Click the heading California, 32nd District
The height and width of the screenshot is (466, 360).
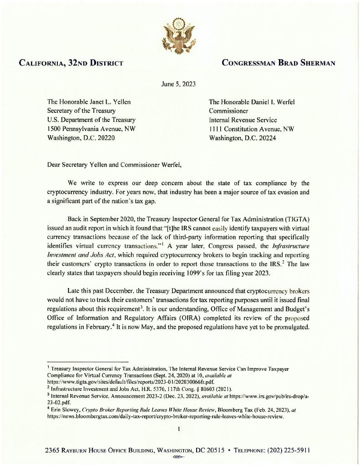[71, 63]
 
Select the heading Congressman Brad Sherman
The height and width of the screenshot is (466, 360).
[278, 63]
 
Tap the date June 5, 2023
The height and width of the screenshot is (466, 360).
[179, 84]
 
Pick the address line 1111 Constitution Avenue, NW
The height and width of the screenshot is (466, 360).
[252, 129]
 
